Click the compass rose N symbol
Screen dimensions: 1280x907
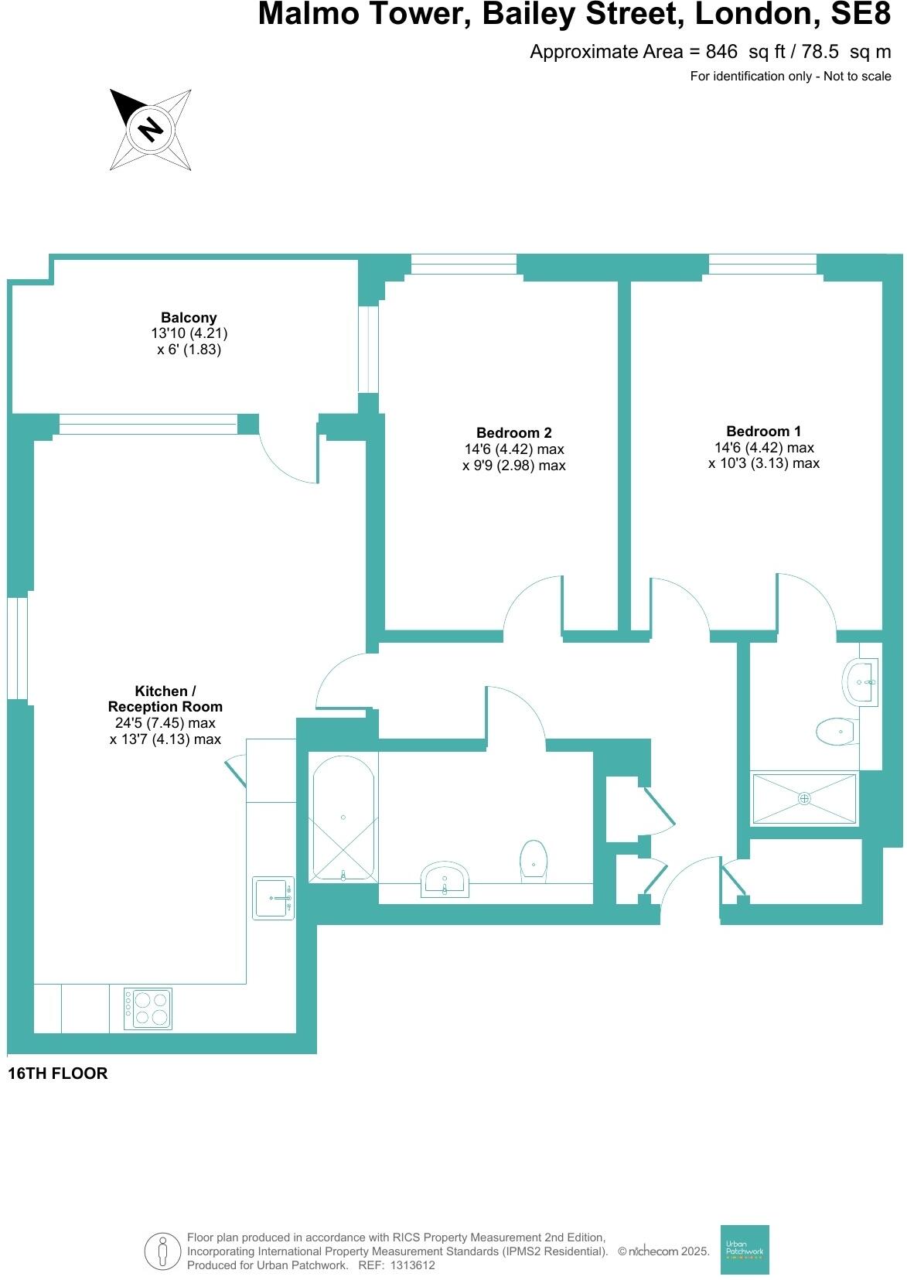tap(150, 128)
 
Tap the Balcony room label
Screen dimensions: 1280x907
tap(189, 318)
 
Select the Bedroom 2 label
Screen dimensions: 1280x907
tap(513, 433)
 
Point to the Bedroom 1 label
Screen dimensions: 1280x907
tap(763, 432)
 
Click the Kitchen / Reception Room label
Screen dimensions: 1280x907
tap(165, 698)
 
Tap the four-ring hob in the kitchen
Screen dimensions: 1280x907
tap(148, 1008)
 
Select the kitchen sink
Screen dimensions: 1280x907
tap(273, 898)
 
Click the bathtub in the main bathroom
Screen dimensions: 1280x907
tap(343, 817)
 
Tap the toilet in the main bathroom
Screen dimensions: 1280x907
tap(534, 860)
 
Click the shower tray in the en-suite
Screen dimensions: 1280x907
tap(804, 797)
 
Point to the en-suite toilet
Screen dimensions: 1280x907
tap(836, 731)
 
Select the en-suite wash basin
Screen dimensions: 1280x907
tap(861, 682)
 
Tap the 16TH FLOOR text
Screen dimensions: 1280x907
tap(57, 1073)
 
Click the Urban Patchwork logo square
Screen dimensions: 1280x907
tap(744, 1249)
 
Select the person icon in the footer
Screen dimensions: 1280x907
tap(162, 1251)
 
